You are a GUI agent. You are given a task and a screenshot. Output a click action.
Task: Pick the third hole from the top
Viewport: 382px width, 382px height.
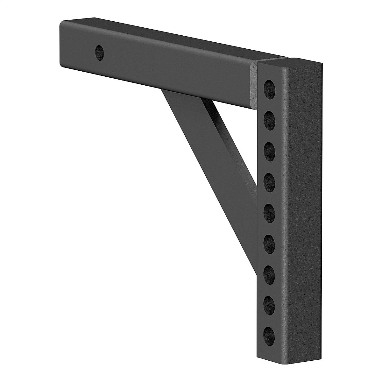(x=270, y=148)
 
